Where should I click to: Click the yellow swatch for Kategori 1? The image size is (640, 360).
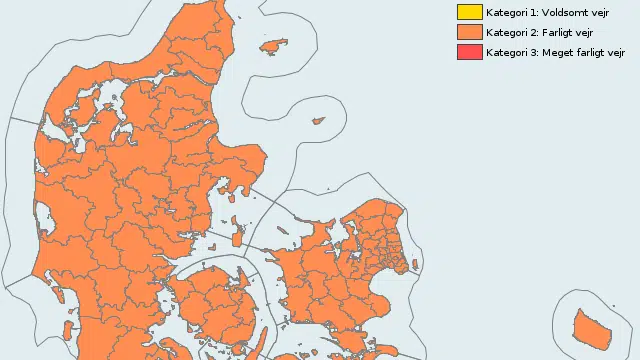(x=469, y=13)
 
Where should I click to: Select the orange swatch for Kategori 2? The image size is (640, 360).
(x=469, y=32)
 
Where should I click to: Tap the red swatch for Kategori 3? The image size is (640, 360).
(x=469, y=52)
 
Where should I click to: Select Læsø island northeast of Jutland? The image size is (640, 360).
(x=273, y=46)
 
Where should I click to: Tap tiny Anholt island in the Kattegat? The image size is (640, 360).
(x=318, y=121)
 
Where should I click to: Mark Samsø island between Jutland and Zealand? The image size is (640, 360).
(x=237, y=229)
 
